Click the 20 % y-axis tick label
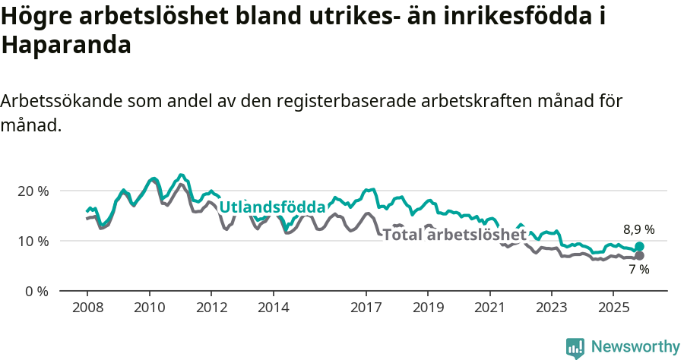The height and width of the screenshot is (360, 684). click(32, 191)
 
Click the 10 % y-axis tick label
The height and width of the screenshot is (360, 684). click(32, 241)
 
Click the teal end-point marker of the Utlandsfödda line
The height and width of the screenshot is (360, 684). click(639, 247)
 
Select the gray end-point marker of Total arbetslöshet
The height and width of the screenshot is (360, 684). click(639, 256)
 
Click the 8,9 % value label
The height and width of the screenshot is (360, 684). click(638, 229)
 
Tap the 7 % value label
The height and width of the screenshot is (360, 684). click(638, 270)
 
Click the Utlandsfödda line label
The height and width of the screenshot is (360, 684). click(272, 207)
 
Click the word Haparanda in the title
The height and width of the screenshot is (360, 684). click(67, 45)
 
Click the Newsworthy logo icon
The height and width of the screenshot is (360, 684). click(575, 348)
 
